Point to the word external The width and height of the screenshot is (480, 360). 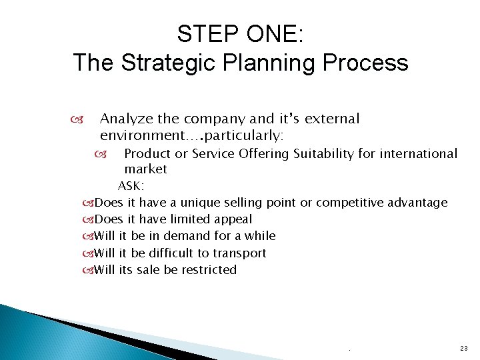coord(331,119)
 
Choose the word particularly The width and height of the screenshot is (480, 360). coord(245,136)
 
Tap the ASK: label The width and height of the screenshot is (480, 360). coord(131,186)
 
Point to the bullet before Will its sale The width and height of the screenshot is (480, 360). coord(87,271)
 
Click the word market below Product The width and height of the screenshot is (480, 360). coord(145,169)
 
